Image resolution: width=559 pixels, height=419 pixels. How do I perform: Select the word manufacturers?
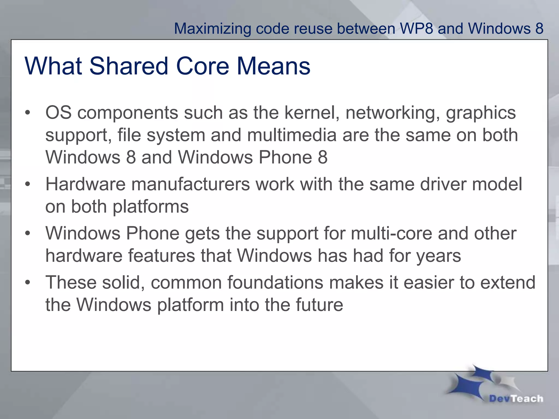191,184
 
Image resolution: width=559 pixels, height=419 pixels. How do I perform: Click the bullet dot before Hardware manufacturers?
28,184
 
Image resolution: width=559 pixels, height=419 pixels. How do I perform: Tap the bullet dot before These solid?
28,283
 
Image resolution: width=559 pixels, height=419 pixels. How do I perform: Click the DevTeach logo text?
516,399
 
